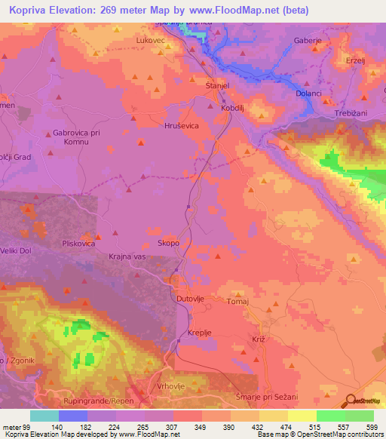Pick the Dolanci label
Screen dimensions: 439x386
pos(310,94)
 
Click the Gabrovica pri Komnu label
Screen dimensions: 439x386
pos(78,137)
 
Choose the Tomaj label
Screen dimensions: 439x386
pos(238,300)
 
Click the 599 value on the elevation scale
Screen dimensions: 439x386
pos(371,426)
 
